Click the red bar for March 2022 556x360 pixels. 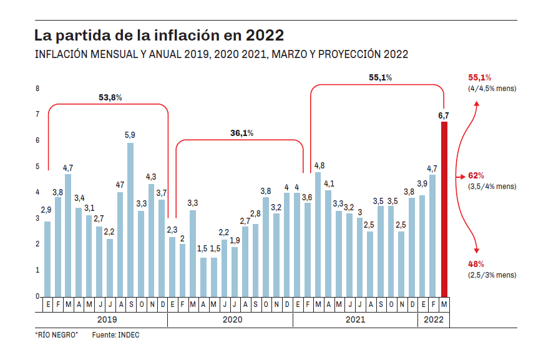(444, 209)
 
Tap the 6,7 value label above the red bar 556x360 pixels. (444, 115)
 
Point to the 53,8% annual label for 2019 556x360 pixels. (110, 97)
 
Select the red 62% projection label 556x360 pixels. (476, 176)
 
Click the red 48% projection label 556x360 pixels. (476, 264)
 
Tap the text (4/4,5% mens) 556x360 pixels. (492, 89)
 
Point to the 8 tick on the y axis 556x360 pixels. (37, 89)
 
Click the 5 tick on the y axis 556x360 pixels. (37, 167)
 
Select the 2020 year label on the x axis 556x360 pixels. (232, 319)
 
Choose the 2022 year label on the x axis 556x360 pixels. (433, 319)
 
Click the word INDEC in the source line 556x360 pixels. (129, 335)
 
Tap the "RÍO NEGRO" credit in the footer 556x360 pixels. (56, 335)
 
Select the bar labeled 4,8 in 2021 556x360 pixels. (318, 234)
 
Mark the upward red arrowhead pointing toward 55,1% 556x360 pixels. (477, 104)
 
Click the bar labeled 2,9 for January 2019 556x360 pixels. (47, 259)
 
